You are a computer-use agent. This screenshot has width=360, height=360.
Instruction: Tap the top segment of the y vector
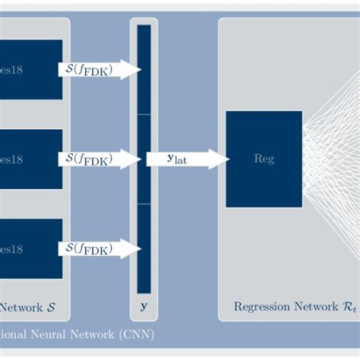[144, 70]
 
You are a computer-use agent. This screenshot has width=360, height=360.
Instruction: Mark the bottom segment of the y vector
[144, 248]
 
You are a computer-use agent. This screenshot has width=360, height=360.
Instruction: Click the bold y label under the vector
[144, 308]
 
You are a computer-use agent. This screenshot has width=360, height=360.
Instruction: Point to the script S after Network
[50, 308]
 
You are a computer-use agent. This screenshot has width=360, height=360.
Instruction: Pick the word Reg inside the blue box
[264, 159]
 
